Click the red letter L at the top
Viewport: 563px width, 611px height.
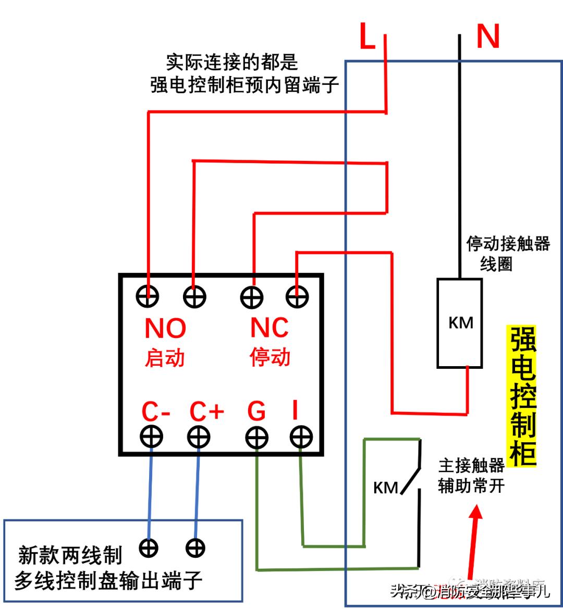(368, 36)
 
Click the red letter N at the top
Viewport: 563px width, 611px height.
(488, 36)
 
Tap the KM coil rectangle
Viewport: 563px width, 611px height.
(459, 323)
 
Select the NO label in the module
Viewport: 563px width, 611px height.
(165, 329)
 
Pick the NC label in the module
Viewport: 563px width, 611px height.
(270, 328)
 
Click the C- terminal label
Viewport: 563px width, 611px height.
(156, 413)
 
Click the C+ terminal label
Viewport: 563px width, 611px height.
(206, 412)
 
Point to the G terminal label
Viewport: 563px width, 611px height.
(256, 412)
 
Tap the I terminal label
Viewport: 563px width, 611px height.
(295, 412)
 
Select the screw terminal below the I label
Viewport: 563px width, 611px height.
(301, 437)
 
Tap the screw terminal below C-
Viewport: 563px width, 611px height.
(152, 437)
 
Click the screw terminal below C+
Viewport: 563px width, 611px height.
(199, 437)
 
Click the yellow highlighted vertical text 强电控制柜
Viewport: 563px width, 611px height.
(522, 396)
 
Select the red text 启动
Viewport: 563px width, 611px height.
(165, 358)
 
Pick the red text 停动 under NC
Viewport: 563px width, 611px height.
(270, 358)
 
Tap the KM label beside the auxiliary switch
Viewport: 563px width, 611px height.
(386, 488)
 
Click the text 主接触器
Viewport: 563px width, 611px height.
(471, 466)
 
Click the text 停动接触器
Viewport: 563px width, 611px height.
(508, 244)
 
